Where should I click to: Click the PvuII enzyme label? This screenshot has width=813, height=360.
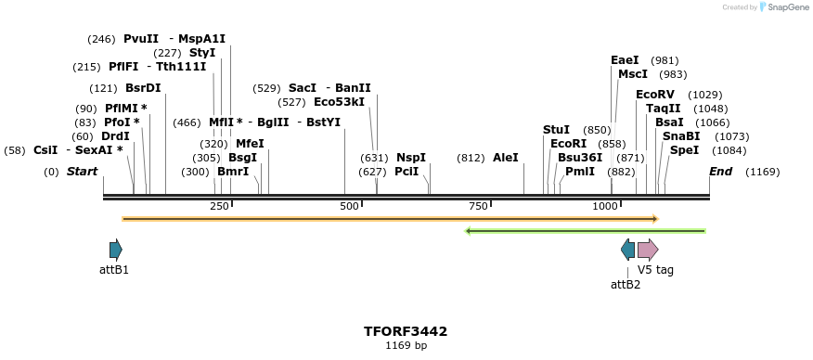(141, 39)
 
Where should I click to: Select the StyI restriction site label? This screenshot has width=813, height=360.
(202, 53)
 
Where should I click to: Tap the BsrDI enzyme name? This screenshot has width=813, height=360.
(143, 88)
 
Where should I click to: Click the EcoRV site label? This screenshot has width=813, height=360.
(655, 95)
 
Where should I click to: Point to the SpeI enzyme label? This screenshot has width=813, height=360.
(684, 150)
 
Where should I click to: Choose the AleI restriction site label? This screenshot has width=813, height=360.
(506, 158)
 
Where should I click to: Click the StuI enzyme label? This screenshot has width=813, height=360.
(556, 130)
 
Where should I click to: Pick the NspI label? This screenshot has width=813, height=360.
(411, 158)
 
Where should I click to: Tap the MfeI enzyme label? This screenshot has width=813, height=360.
(250, 144)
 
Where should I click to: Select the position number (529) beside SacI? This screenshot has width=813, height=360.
(266, 88)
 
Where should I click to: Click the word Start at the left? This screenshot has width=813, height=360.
(82, 172)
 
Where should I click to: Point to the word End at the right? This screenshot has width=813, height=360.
(721, 172)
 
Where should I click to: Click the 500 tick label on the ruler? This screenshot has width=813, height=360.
(350, 206)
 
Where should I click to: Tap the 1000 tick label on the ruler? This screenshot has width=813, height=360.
(605, 206)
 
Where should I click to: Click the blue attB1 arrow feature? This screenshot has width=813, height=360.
(115, 250)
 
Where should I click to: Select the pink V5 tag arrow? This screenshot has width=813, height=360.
(648, 250)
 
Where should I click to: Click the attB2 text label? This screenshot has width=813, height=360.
(626, 284)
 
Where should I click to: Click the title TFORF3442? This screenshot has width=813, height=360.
(406, 331)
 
